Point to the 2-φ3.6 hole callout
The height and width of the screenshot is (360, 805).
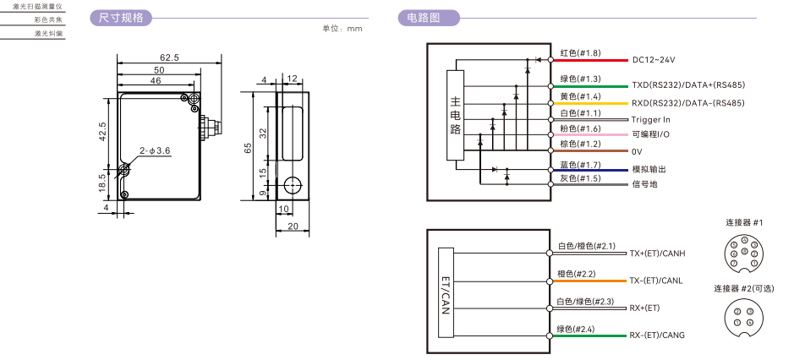click(x=155, y=150)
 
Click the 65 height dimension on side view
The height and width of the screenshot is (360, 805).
click(x=249, y=146)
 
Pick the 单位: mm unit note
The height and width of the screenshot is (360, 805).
click(x=342, y=29)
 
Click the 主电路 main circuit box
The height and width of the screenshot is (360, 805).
click(x=456, y=116)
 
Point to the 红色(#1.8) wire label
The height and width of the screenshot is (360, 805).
click(x=579, y=53)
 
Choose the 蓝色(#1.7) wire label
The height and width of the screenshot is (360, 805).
click(x=579, y=165)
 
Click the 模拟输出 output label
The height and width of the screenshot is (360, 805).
click(x=649, y=169)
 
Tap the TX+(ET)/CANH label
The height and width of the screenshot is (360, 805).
click(x=657, y=254)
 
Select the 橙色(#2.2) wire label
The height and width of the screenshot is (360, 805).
click(x=576, y=274)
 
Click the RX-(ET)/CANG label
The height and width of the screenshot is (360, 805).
click(x=656, y=335)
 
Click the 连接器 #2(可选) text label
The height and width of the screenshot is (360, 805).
click(x=743, y=288)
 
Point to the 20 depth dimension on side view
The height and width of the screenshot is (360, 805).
click(x=293, y=226)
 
